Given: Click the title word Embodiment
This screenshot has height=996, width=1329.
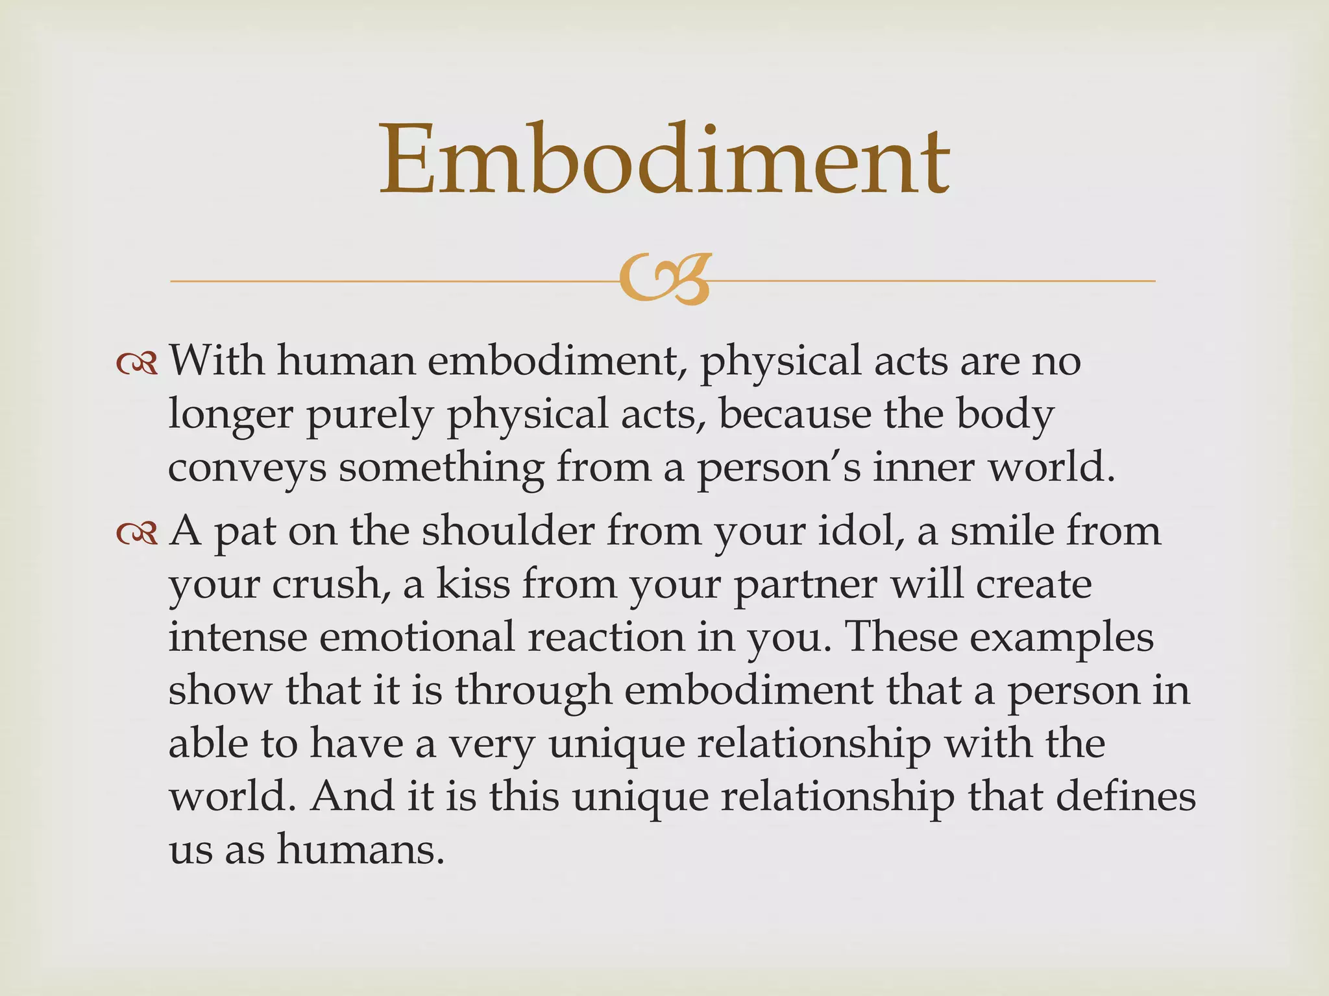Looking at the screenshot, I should point(664,160).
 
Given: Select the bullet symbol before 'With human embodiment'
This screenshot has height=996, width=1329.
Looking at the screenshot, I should point(137,364).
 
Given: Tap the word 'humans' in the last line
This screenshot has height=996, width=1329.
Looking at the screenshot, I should point(361,849).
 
